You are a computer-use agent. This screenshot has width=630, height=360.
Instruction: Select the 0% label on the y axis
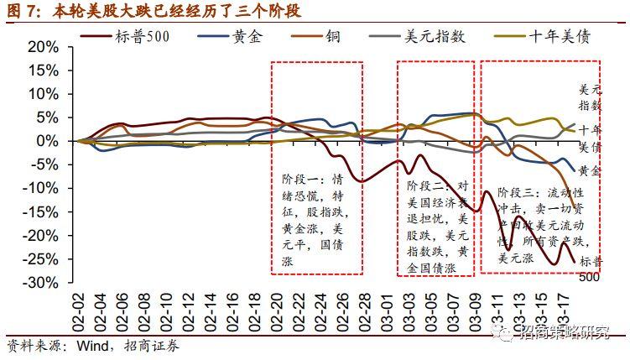52,141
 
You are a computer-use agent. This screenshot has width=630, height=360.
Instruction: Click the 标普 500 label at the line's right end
590,269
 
